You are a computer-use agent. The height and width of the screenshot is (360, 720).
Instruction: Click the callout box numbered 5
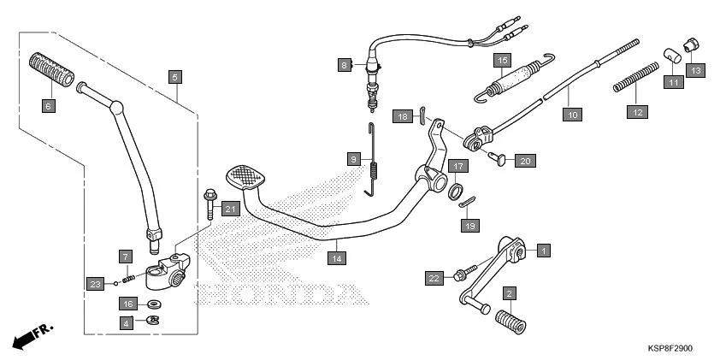tap(174, 77)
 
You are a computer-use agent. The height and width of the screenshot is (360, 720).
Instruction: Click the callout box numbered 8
tap(345, 65)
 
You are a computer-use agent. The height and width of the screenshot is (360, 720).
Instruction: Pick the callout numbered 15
tap(502, 60)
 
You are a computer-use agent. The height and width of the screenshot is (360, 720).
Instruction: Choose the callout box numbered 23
tap(95, 283)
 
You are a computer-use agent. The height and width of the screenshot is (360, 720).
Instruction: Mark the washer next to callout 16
tap(155, 304)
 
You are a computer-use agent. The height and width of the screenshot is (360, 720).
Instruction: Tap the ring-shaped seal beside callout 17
tap(457, 189)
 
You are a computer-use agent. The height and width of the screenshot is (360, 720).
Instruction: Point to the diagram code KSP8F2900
tap(670, 349)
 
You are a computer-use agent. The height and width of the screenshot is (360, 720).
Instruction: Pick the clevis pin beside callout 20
tap(496, 157)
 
